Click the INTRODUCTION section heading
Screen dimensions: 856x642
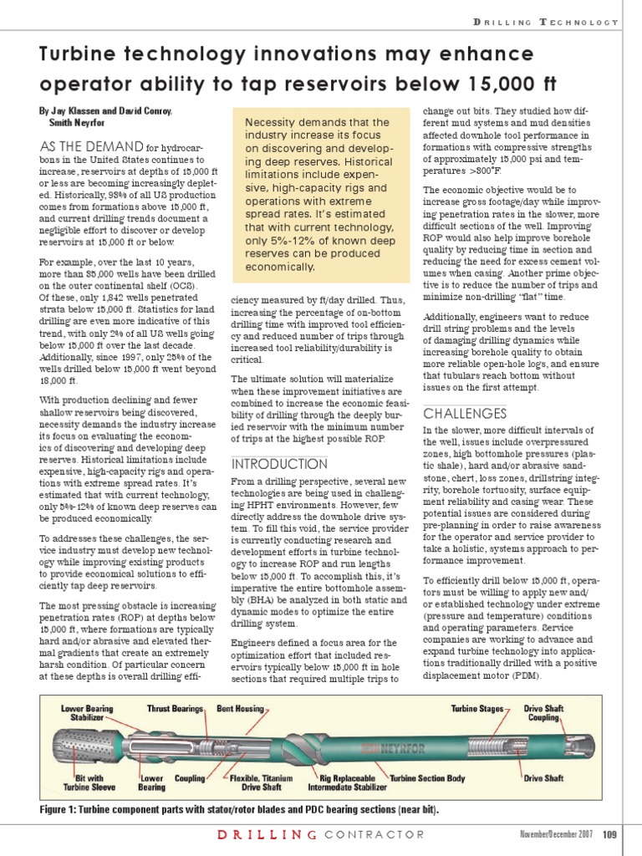point(280,463)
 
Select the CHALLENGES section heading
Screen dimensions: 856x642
point(465,414)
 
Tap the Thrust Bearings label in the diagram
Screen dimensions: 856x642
point(176,709)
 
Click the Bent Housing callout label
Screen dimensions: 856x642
point(237,709)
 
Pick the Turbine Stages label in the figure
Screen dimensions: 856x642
point(477,709)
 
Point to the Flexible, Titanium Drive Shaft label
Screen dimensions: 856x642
point(262,782)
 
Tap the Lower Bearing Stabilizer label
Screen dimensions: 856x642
point(88,713)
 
